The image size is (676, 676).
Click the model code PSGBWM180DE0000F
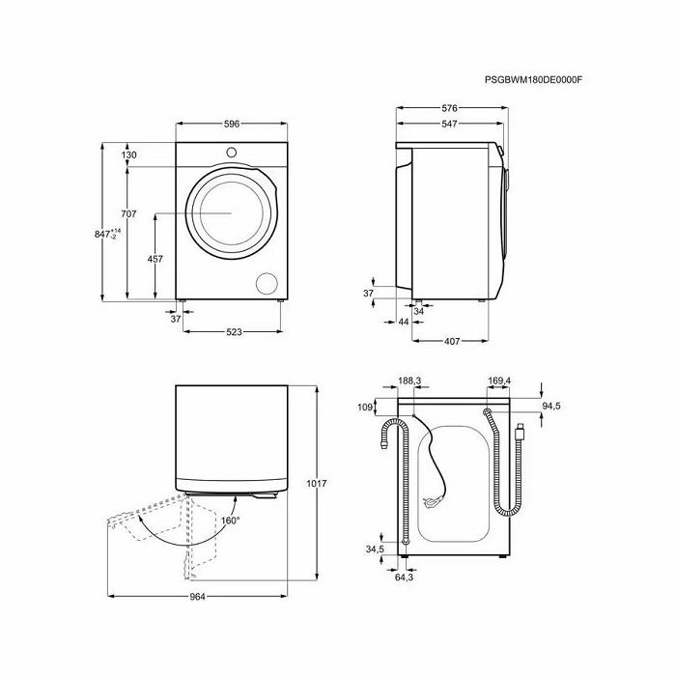click(x=533, y=80)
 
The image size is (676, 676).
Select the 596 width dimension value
click(x=232, y=125)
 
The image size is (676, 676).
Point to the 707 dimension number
click(x=128, y=213)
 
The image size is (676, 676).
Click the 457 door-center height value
click(x=155, y=259)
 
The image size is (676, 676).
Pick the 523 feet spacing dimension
click(x=234, y=332)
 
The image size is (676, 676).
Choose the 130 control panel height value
click(x=128, y=155)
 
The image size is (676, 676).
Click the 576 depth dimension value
click(x=449, y=108)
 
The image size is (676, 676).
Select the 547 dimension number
click(x=449, y=125)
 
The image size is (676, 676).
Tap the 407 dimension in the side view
click(x=452, y=342)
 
